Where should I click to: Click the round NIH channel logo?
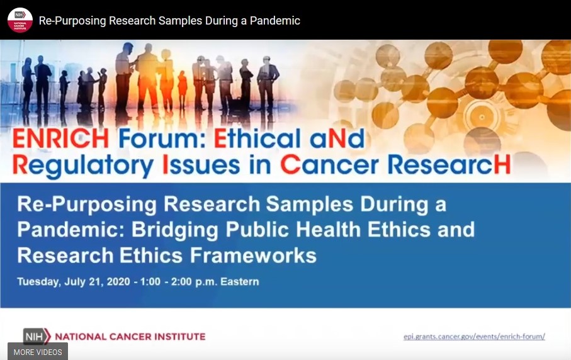(x=20, y=20)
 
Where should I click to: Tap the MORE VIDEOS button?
(x=38, y=352)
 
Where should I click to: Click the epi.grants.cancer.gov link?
(x=474, y=337)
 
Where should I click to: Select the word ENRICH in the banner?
(x=61, y=138)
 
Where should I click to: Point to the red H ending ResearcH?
(x=502, y=165)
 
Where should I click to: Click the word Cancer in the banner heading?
(x=329, y=165)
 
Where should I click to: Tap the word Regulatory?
(x=83, y=167)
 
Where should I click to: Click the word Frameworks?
(x=253, y=255)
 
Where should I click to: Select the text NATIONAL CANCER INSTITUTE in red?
(x=130, y=337)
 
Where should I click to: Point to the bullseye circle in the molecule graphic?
(x=482, y=117)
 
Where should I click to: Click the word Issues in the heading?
(x=201, y=165)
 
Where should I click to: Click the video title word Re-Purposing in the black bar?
(x=72, y=21)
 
